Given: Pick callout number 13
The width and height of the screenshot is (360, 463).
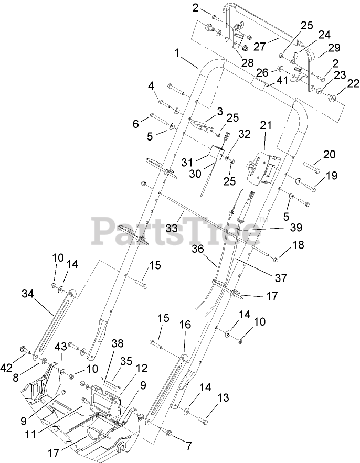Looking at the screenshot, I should click(x=223, y=399).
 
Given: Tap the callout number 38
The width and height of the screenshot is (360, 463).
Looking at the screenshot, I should click(x=118, y=344).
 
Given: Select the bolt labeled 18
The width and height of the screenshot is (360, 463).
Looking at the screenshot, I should click(x=272, y=257).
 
